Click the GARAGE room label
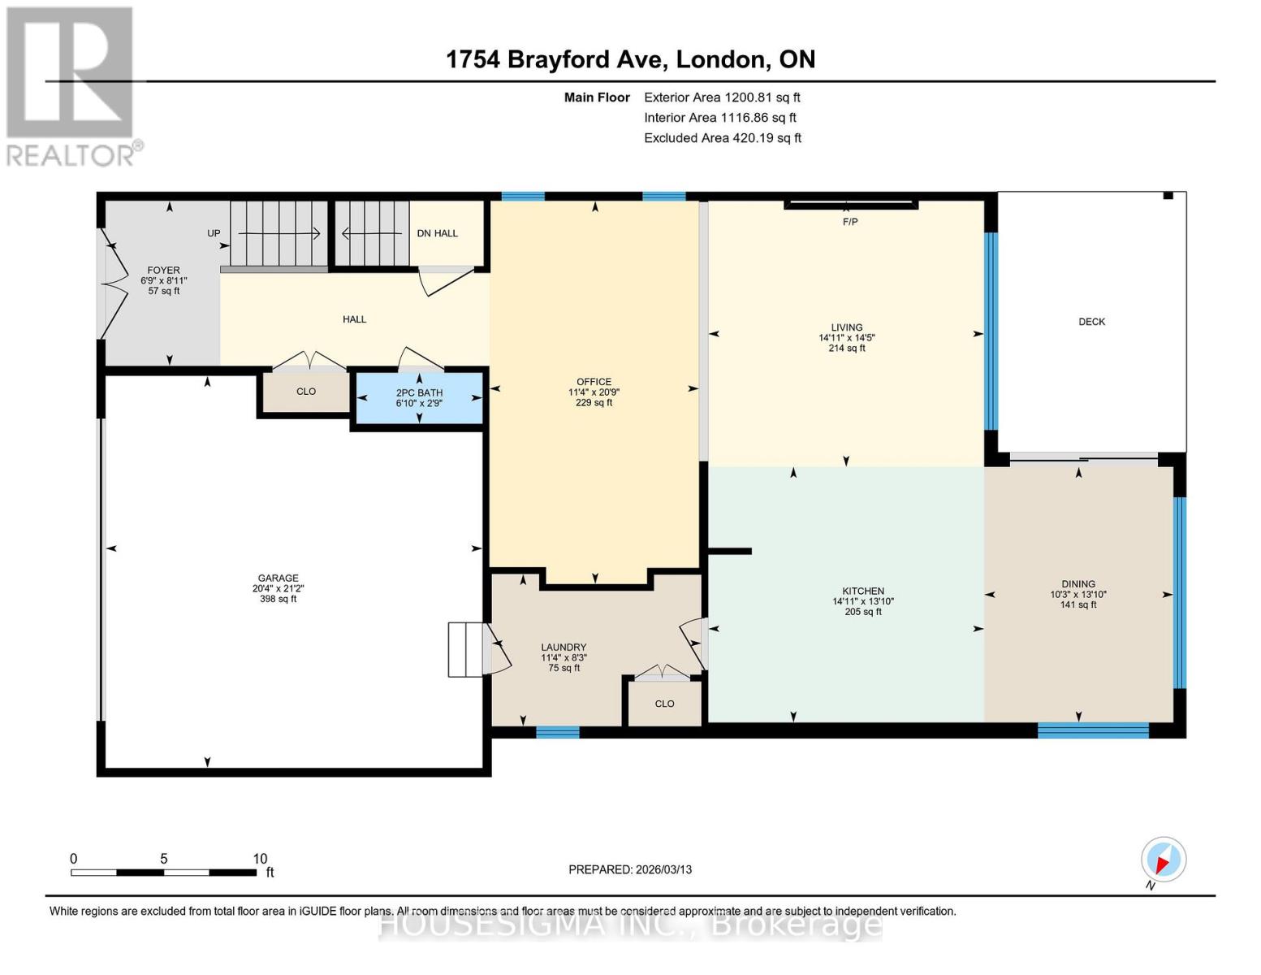(278, 578)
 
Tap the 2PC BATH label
(419, 392)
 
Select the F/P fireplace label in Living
(849, 222)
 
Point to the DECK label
(1091, 322)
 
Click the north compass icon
(1163, 860)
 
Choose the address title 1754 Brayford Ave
(630, 59)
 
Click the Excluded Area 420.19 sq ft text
(722, 138)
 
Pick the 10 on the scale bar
(260, 859)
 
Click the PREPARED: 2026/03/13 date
(630, 869)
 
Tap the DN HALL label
(437, 233)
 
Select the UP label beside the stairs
(214, 233)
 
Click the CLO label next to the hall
(306, 392)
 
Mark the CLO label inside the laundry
(664, 704)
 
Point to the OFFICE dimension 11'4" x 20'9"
(594, 392)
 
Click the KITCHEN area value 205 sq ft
(862, 612)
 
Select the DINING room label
(1077, 584)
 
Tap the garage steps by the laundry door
(466, 649)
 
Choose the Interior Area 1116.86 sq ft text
(719, 118)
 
